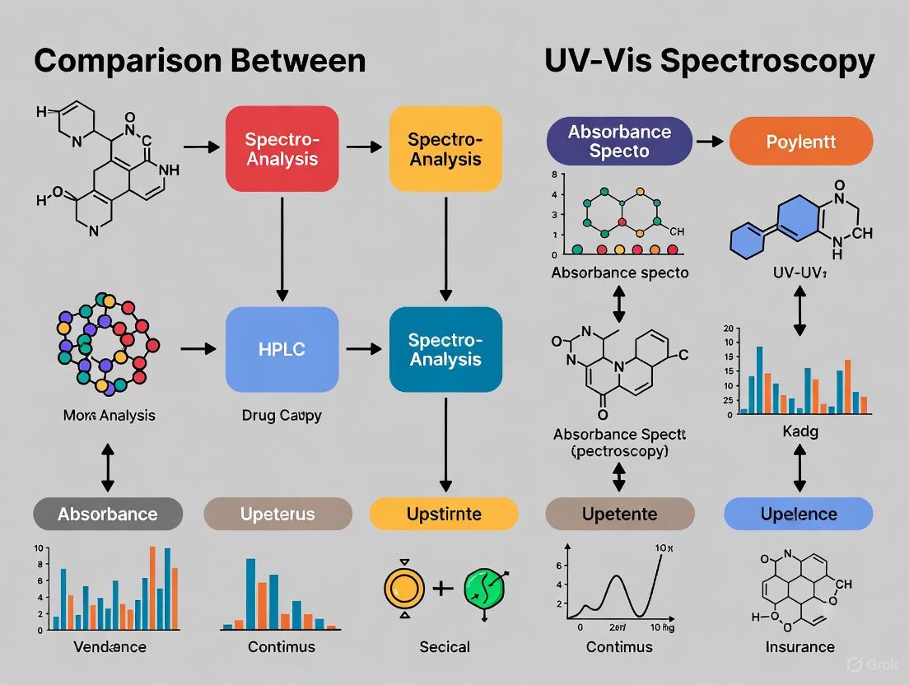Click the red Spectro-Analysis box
tap(282, 148)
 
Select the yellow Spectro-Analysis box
tap(445, 148)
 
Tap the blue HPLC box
tap(282, 349)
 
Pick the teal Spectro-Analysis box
tap(445, 349)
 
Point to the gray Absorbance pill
tap(107, 514)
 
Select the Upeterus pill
tap(277, 514)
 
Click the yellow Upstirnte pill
tap(444, 514)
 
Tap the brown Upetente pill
tap(620, 514)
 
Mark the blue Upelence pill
tap(798, 514)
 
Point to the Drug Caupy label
tap(282, 415)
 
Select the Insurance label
tap(799, 646)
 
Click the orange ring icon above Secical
tap(404, 589)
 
